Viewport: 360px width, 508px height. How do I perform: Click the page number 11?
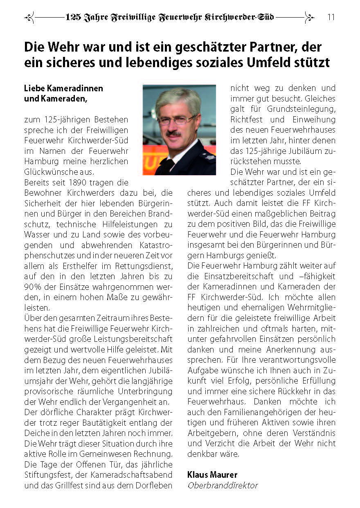click(331, 17)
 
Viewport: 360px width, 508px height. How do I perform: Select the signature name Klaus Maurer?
click(212, 475)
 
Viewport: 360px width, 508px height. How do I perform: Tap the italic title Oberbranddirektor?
click(223, 485)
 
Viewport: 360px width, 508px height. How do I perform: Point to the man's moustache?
click(173, 133)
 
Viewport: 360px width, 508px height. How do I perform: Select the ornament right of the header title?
click(309, 18)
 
